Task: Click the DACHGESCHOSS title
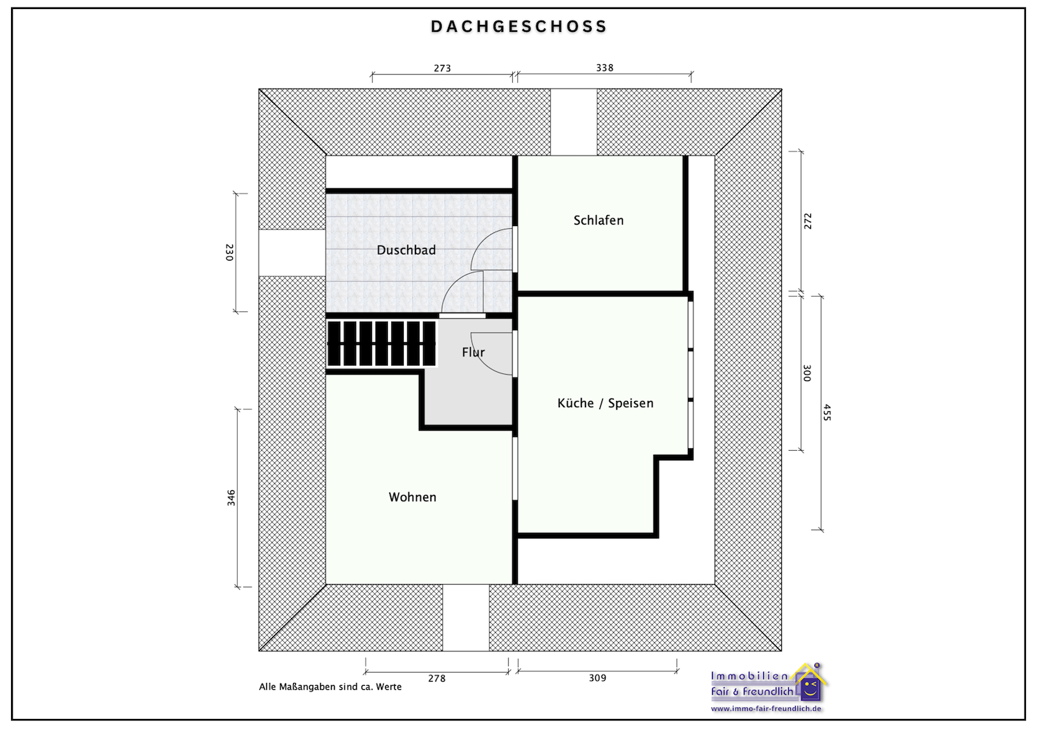pos(518,27)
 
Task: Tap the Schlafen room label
pos(598,221)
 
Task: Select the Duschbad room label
pos(406,250)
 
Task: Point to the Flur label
pos(474,353)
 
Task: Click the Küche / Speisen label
pos(605,403)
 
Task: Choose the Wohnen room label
pos(412,497)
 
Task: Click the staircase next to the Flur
pos(382,344)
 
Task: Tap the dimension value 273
pos(442,68)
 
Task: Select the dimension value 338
pos(604,68)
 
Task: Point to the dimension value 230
pos(230,252)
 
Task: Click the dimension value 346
pos(231,498)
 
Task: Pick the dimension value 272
pos(807,221)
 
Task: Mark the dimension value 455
pos(827,413)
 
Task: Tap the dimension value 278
pos(437,678)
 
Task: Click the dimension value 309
pos(597,678)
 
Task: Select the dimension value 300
pos(807,373)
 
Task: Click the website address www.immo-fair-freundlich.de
pos(766,709)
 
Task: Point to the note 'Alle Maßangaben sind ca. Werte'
pos(330,687)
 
